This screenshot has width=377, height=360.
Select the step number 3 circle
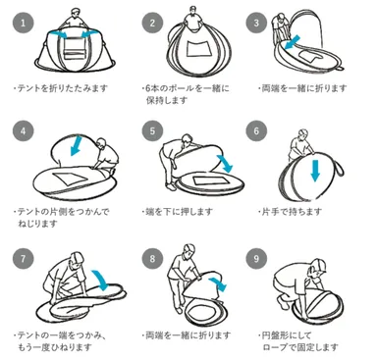coord(257,21)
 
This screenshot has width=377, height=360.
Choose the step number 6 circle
coord(257,130)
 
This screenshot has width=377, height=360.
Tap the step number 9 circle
coord(257,261)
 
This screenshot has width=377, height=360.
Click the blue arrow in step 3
coord(288,45)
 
